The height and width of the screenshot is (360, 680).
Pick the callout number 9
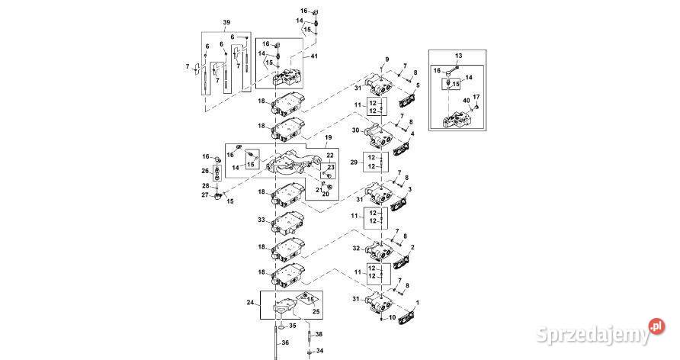click(x=386, y=59)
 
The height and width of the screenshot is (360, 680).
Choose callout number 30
click(x=355, y=130)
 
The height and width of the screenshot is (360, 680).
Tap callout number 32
click(x=355, y=249)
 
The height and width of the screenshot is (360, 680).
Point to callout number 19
click(x=329, y=139)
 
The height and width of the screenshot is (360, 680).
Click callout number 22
click(x=330, y=156)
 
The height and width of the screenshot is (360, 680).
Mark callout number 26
click(x=204, y=170)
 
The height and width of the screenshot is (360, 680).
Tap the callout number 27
click(x=204, y=195)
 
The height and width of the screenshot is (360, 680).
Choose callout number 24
click(x=249, y=303)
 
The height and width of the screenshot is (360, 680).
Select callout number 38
click(x=319, y=334)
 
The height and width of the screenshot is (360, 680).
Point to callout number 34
click(x=319, y=351)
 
